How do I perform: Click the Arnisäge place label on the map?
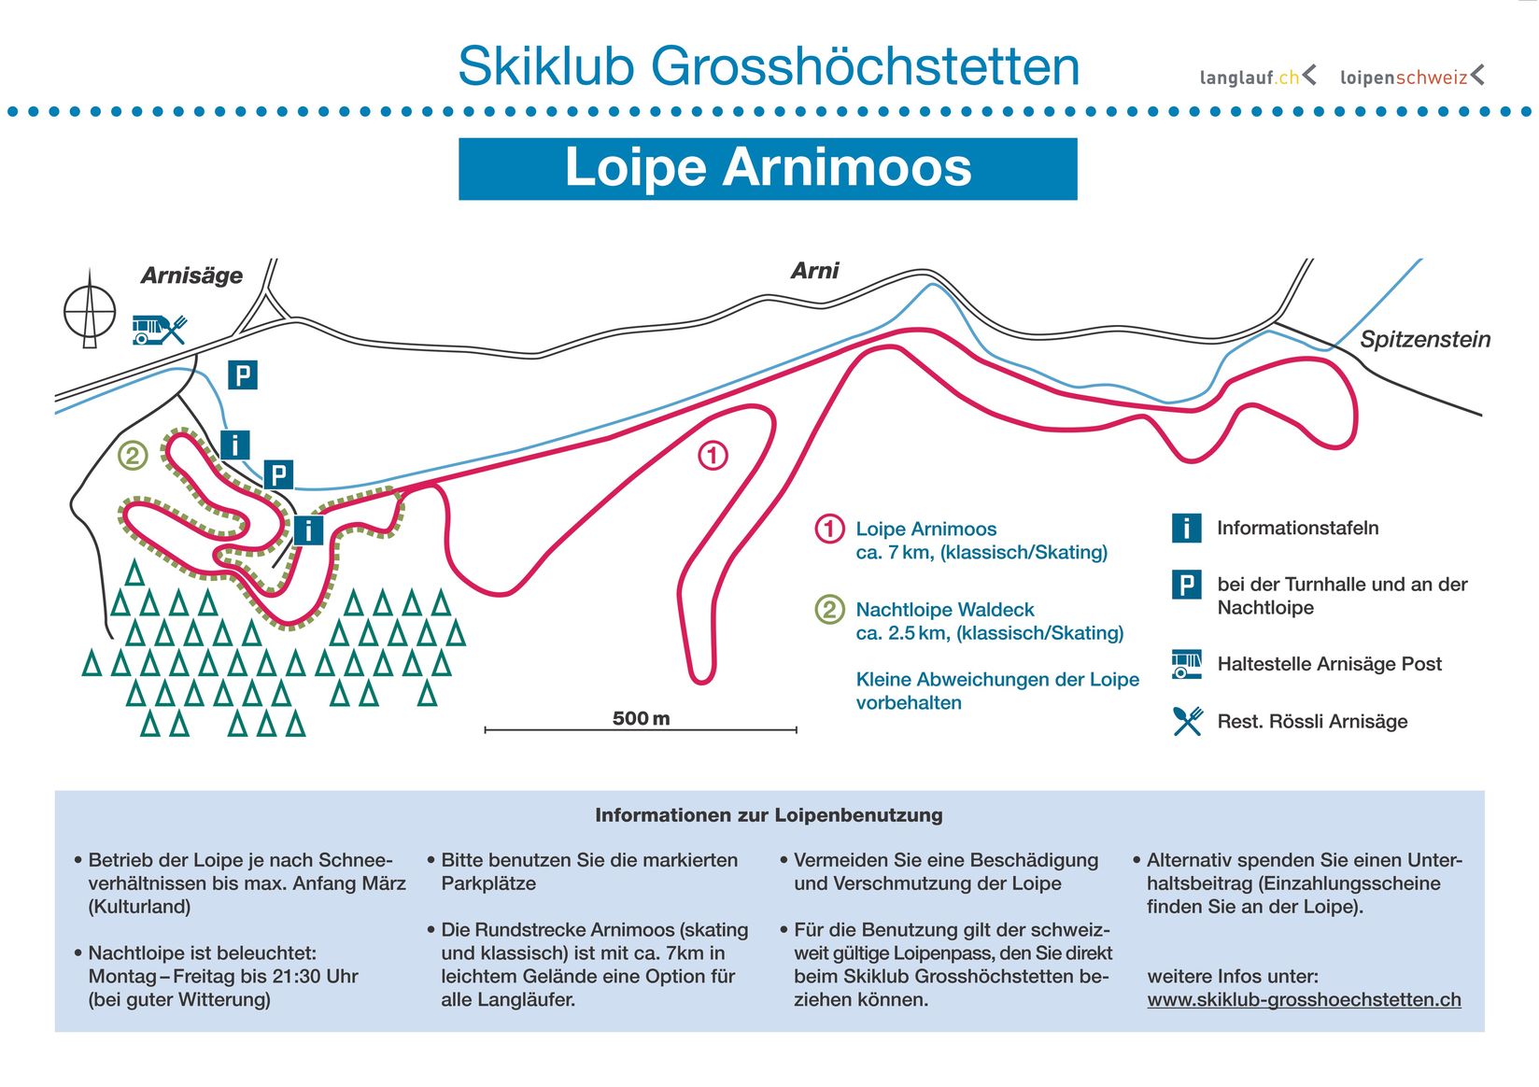coord(191,275)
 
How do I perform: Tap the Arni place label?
coord(814,271)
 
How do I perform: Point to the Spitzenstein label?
coord(1424,339)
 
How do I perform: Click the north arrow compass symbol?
coord(90,311)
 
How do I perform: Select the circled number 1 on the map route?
coord(713,456)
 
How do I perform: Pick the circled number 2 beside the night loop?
coord(133,456)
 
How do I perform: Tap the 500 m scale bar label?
coord(641,718)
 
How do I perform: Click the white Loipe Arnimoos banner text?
coord(768,168)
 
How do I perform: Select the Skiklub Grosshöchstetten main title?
coord(768,66)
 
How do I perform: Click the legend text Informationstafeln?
coord(1297,528)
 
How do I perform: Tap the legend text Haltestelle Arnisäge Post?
coord(1329,664)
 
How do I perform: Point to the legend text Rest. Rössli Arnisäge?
coord(1312,721)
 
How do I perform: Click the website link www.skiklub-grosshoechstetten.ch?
coord(1304,999)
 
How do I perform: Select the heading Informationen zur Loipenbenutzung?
coord(769,815)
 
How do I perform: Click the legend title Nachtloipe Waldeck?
coord(945,610)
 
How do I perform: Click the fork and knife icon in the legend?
coord(1187,721)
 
